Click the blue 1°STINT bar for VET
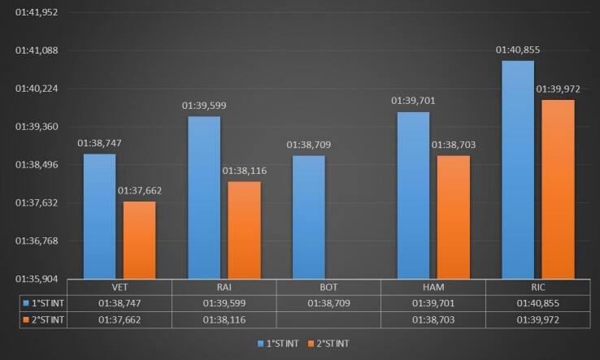tap(100, 216)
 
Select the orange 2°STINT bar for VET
tap(139, 240)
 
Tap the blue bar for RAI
tap(205, 197)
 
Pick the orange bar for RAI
tap(244, 230)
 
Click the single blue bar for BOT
tap(309, 217)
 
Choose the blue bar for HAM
tap(414, 195)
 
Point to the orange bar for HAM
tap(453, 217)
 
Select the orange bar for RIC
tap(558, 189)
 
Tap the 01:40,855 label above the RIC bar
tap(519, 50)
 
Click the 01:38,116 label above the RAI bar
tap(245, 171)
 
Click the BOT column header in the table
tap(309, 288)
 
